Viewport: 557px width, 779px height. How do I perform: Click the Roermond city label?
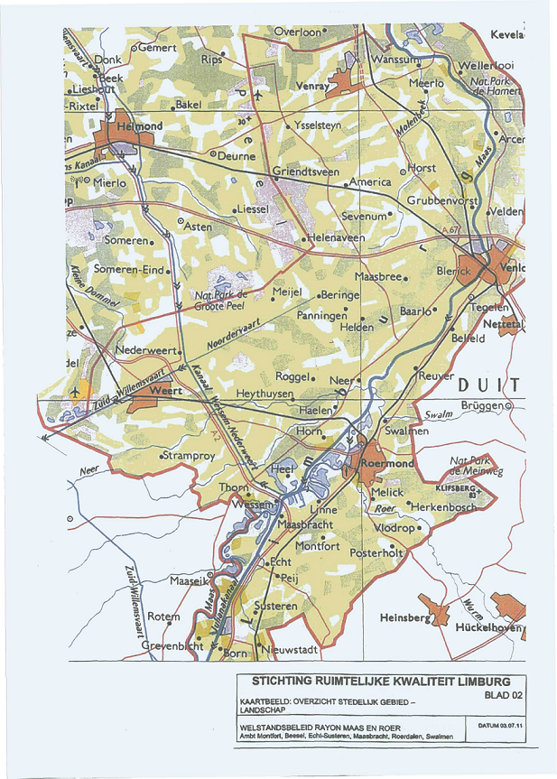pyautogui.click(x=387, y=463)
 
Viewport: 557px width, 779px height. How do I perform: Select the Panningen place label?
pyautogui.click(x=322, y=316)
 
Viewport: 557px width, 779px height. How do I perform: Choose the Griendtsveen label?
pyautogui.click(x=306, y=171)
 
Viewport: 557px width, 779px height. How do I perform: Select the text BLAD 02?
pyautogui.click(x=502, y=697)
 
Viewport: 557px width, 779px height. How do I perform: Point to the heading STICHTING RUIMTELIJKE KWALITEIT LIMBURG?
pyautogui.click(x=381, y=682)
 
